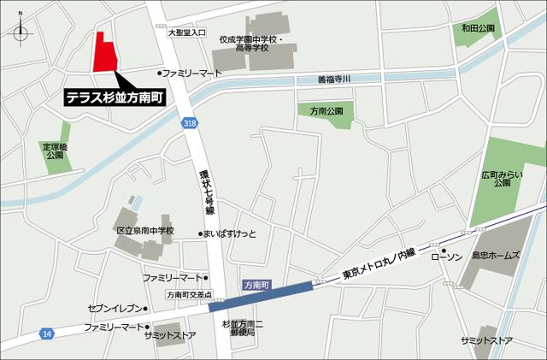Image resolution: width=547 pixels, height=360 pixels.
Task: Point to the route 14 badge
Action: click(45, 332)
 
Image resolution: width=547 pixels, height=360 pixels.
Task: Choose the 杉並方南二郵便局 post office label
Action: click(243, 329)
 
